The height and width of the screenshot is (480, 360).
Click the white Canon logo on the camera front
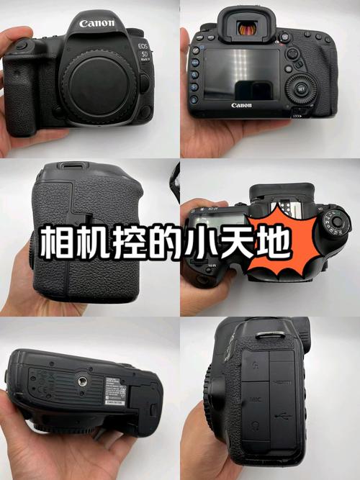(97, 23)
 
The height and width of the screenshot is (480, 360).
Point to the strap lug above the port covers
(267, 334)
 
